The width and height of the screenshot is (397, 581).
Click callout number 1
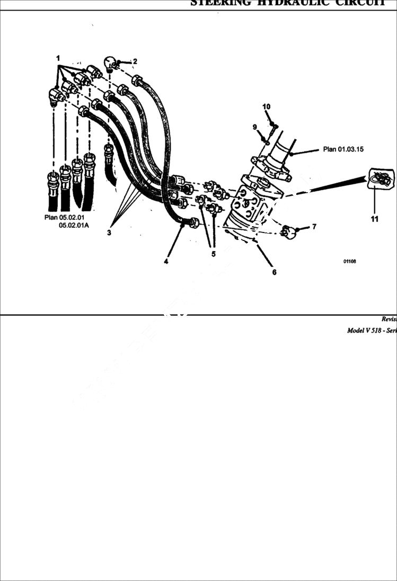(x=58, y=57)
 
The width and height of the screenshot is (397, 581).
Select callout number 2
(x=135, y=61)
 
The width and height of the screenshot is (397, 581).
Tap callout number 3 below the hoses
(x=109, y=232)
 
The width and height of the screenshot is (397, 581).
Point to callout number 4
(x=166, y=261)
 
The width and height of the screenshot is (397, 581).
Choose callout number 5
(x=213, y=254)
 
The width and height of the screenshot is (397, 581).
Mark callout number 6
(x=274, y=272)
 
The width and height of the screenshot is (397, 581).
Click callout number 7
(x=314, y=227)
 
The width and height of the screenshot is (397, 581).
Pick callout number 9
(x=254, y=127)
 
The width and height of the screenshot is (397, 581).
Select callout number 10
(x=267, y=107)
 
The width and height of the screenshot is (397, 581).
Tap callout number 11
(x=374, y=219)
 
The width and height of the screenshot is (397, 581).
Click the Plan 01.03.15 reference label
(x=343, y=149)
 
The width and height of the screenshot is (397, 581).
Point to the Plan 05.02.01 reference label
(x=64, y=218)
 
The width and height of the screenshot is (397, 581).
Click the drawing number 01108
(x=349, y=261)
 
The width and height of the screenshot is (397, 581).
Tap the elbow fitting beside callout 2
(x=111, y=63)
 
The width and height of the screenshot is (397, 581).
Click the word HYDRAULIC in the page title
(x=289, y=3)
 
